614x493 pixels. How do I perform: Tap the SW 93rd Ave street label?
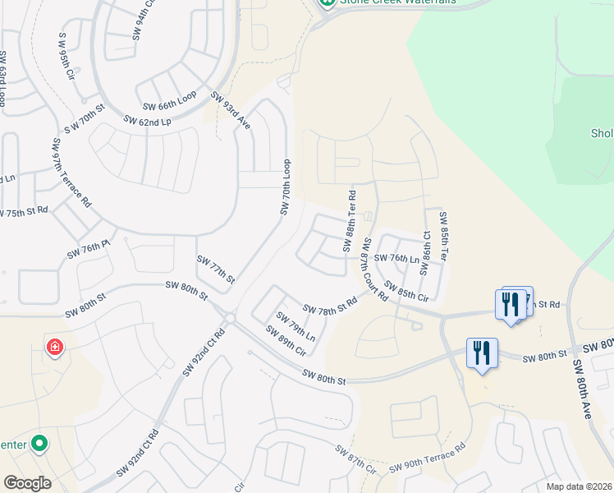click(231, 111)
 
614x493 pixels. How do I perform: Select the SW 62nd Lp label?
click(147, 121)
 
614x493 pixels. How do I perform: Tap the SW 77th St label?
click(216, 270)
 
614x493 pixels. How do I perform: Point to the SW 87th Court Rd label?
click(374, 270)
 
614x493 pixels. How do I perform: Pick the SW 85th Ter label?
click(444, 237)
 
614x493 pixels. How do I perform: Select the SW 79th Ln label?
click(296, 326)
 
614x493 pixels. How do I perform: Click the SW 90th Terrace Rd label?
click(427, 458)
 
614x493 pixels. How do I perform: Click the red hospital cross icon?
click(55, 348)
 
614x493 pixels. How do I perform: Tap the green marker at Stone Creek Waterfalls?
click(328, 3)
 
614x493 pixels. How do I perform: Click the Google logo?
click(28, 482)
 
